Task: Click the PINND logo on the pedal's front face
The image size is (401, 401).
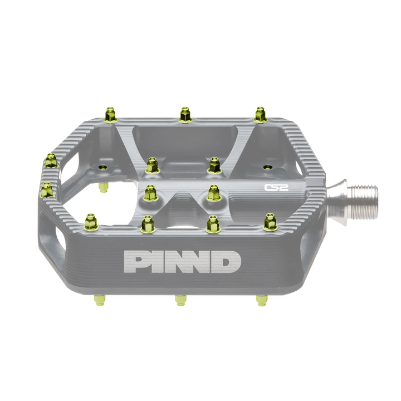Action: [x=182, y=262]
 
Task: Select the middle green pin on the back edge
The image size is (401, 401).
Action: [x=185, y=115]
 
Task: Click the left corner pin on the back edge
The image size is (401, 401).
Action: [x=110, y=115]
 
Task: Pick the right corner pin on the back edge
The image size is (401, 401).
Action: [x=260, y=115]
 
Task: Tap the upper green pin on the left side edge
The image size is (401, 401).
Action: [x=51, y=160]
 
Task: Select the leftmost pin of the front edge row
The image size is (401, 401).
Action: [x=91, y=222]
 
